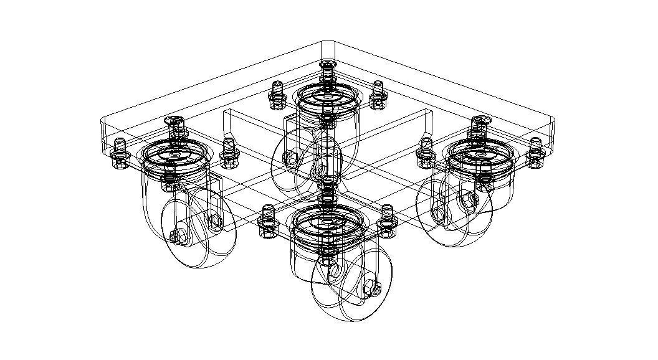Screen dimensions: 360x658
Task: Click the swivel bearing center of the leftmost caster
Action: coord(174,154)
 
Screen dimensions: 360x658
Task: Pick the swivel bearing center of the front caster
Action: coord(327,219)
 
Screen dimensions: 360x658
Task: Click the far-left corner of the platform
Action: coord(102,120)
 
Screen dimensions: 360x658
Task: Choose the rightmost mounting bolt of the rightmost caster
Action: coord(535,151)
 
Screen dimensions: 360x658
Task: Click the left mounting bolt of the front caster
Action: coord(267,220)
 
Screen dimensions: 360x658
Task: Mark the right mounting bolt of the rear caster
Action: coord(376,93)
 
